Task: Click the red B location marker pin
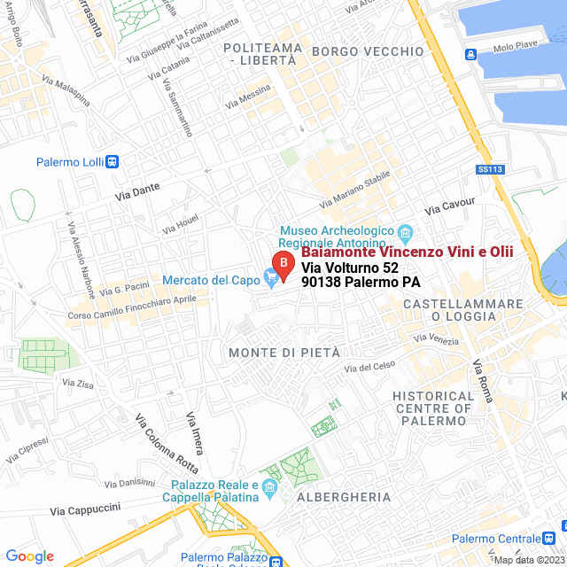point(282,264)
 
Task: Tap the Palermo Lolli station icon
point(112,162)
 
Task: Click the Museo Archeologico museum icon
point(406,234)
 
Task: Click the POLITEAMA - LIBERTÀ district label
point(260,52)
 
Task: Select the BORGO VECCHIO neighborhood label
point(368,51)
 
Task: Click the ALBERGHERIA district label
point(344,497)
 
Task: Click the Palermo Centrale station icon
point(550,538)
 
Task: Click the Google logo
point(30,555)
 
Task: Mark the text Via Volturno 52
point(350,268)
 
